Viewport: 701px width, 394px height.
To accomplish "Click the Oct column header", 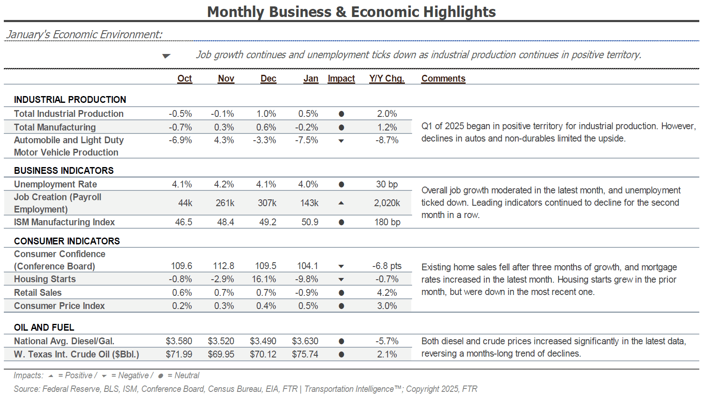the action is (184, 78).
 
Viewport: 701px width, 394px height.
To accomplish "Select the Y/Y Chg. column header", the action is (387, 78).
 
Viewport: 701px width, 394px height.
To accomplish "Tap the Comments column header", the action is (443, 78).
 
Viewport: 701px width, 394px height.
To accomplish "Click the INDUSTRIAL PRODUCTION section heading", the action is (70, 99).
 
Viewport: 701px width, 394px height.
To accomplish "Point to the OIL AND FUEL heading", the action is (44, 327).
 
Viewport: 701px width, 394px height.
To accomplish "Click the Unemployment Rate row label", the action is (55, 184).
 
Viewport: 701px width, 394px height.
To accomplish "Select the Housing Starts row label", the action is (45, 279).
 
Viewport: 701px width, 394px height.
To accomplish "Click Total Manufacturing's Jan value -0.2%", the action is (306, 127).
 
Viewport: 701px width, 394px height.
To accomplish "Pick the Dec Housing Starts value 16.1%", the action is (264, 279).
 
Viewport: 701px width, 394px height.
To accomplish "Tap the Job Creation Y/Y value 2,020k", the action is (387, 203).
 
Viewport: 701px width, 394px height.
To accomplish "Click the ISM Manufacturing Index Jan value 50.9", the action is (310, 222).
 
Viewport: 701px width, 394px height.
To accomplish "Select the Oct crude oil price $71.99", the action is (179, 354).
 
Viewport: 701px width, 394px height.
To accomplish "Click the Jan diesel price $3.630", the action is (305, 341).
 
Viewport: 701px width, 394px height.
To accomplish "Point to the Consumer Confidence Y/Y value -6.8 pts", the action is (387, 266).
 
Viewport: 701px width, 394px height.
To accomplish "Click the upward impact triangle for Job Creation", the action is (341, 203).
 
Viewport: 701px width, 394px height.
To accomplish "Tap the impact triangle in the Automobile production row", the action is (341, 141).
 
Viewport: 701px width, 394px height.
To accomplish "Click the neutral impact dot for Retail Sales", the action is (341, 293).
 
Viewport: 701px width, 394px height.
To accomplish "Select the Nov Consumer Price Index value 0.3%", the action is (224, 306).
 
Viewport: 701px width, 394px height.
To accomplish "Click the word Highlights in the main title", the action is (459, 12).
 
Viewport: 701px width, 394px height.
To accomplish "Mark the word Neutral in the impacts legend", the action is (187, 375).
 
